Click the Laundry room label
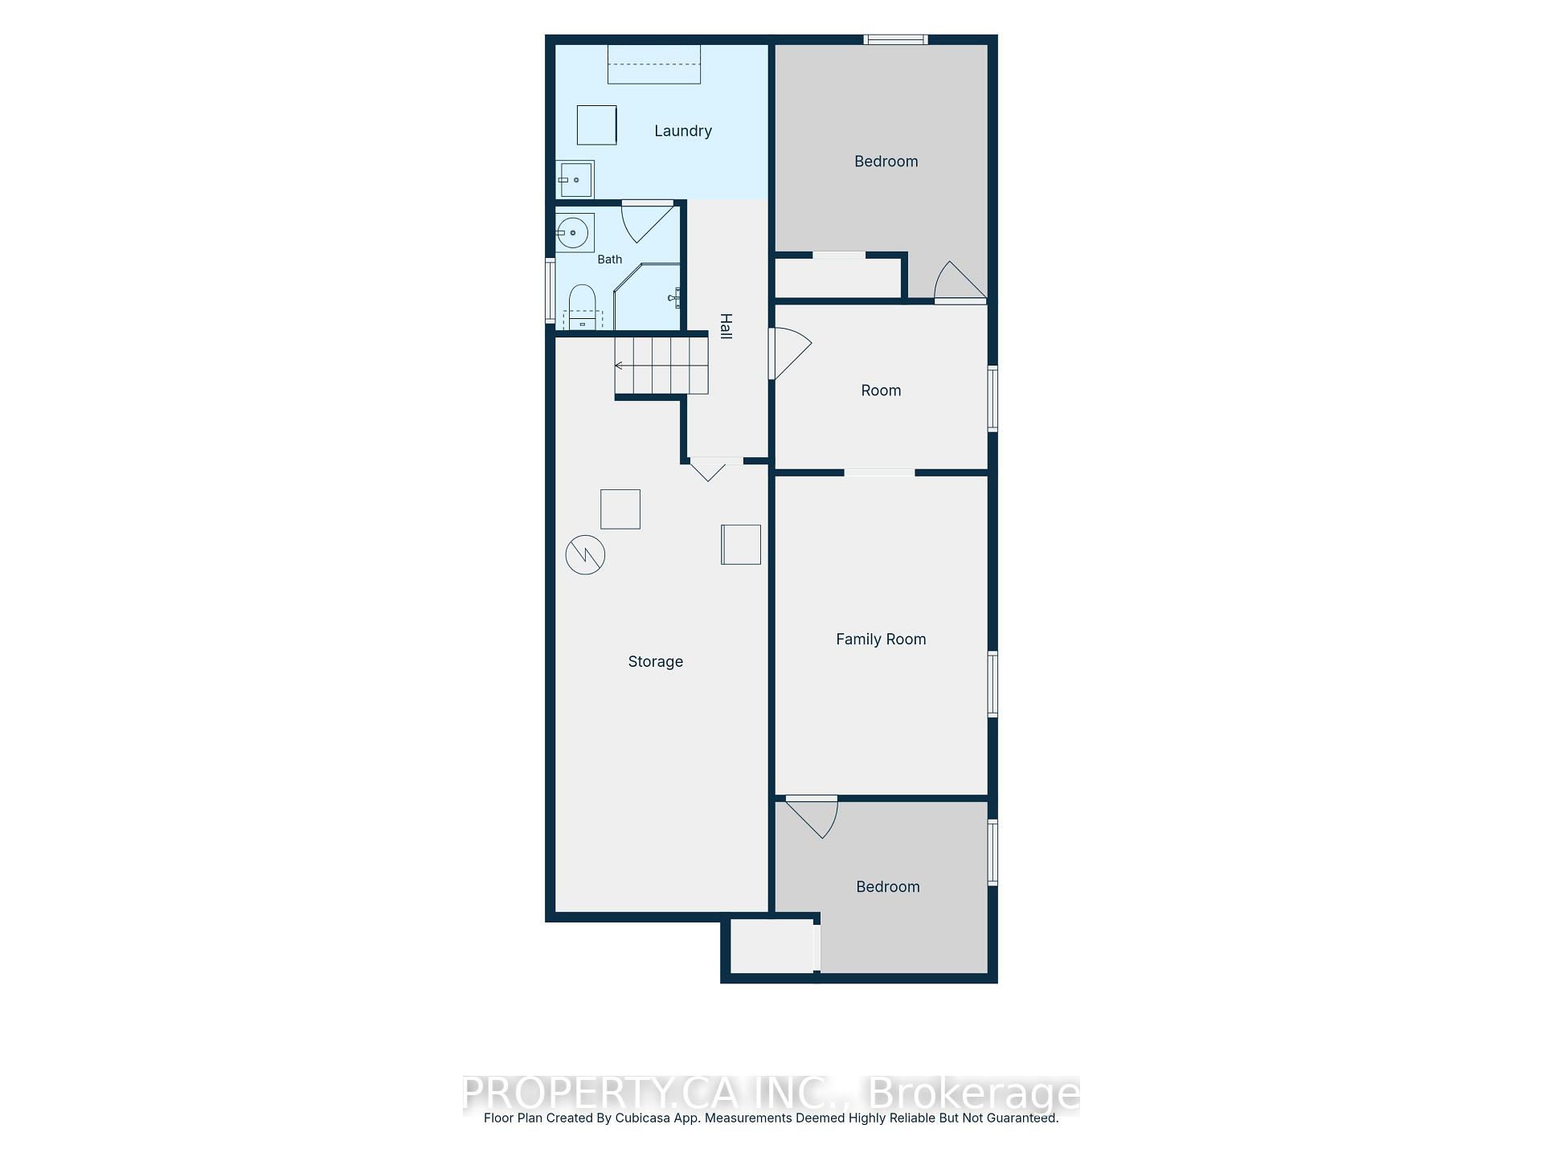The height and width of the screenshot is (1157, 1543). click(683, 131)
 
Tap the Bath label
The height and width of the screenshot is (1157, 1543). click(610, 260)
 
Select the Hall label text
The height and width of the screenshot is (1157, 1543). click(726, 326)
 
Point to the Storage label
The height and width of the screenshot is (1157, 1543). click(656, 662)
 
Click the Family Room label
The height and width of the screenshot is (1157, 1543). click(881, 640)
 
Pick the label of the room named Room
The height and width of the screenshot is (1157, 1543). click(881, 390)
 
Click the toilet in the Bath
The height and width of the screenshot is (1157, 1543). click(583, 307)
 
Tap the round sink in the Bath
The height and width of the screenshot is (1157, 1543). click(573, 233)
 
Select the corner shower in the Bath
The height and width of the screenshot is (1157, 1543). click(647, 296)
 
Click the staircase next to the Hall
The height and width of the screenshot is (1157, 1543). click(661, 366)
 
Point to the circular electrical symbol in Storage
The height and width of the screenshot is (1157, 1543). click(585, 554)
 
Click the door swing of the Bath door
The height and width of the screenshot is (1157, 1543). click(648, 222)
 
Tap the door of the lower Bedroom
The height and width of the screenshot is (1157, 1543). click(812, 817)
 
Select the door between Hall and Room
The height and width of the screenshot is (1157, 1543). click(791, 354)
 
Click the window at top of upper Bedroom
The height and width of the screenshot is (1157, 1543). click(896, 39)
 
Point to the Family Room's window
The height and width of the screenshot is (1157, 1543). click(993, 684)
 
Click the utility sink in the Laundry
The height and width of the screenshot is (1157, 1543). click(575, 179)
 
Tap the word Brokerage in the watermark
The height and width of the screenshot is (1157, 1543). click(975, 1094)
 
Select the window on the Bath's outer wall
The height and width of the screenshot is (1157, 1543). click(550, 290)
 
